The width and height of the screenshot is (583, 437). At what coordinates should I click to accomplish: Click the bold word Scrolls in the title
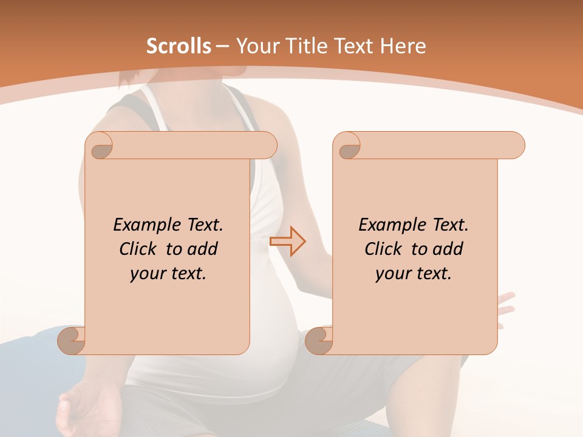[x=179, y=46]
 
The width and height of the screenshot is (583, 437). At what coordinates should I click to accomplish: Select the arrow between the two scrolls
[x=287, y=241]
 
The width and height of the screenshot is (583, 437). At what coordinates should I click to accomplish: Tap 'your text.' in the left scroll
[x=168, y=274]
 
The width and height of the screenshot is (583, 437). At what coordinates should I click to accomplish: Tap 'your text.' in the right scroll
[x=413, y=274]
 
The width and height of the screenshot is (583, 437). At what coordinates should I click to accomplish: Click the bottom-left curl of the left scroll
[x=71, y=340]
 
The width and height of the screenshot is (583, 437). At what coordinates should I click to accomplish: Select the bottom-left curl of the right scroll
[x=318, y=340]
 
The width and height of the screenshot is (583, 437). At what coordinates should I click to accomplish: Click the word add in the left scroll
[x=203, y=249]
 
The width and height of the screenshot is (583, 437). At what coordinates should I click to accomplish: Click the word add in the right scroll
[x=449, y=249]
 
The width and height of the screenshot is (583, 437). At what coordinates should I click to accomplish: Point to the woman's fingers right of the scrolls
[x=505, y=307]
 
